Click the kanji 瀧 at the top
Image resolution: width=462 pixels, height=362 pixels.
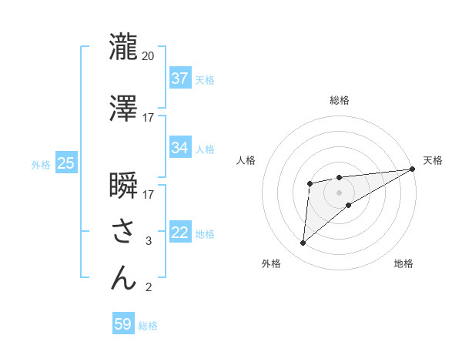[x=123, y=47]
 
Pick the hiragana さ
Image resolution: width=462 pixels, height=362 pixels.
[x=123, y=232]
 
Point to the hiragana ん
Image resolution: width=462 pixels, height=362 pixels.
[x=123, y=278]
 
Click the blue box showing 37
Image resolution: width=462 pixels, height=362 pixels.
[x=180, y=79]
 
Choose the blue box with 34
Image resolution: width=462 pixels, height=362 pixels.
[x=180, y=148]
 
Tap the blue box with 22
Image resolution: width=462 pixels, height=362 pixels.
[x=180, y=233]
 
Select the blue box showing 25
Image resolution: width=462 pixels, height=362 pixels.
[x=65, y=164]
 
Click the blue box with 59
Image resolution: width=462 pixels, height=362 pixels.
[x=123, y=324]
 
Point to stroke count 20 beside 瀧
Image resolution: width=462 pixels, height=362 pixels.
[x=148, y=56]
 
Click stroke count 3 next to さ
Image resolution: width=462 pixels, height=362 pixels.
[x=148, y=241]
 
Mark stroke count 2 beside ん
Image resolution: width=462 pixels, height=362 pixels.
[x=148, y=288]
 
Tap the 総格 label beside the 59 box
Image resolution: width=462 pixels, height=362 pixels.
[x=148, y=326]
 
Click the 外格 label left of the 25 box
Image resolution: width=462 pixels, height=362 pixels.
[x=41, y=165]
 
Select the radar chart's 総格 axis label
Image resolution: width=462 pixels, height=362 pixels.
[x=339, y=101]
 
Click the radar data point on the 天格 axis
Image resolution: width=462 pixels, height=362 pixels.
[x=413, y=169]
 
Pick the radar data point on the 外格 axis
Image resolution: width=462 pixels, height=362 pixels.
[x=303, y=243]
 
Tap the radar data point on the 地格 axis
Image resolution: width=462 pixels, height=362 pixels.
[x=349, y=205]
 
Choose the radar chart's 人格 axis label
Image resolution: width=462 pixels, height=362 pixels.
[x=246, y=160]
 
